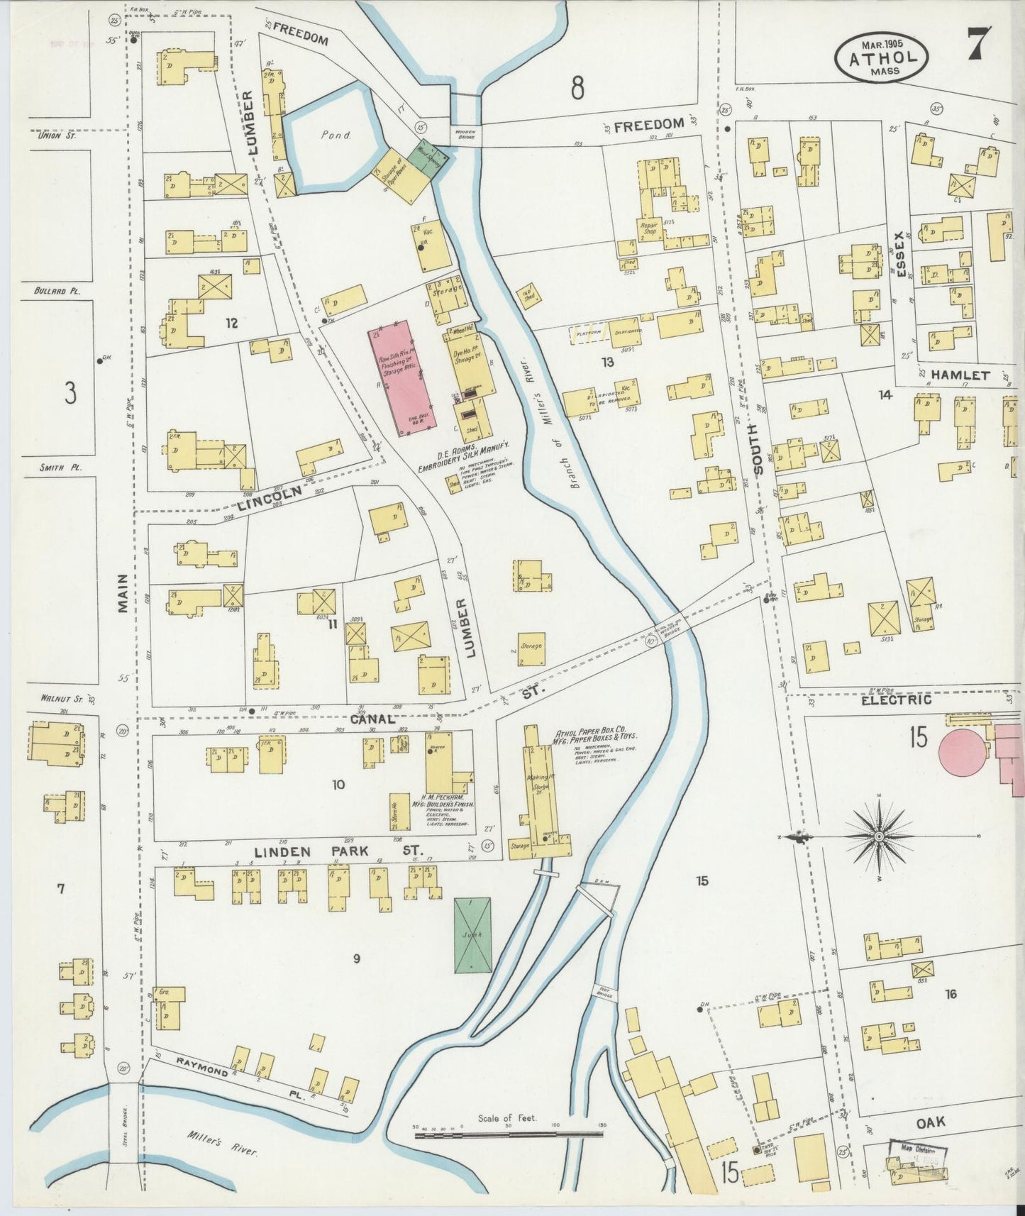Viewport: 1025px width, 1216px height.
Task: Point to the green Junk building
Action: pos(472,935)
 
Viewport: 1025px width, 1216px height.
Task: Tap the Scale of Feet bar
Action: pos(508,1134)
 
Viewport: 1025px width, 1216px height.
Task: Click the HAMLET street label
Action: pos(960,375)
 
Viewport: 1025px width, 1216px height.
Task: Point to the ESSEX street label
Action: pos(901,255)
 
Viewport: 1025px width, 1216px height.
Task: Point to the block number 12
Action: pos(231,324)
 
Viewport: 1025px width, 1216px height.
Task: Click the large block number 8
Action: pos(578,89)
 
